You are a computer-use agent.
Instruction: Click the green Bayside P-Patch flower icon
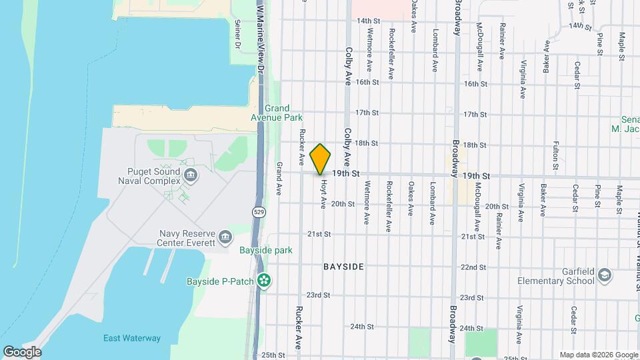click(x=265, y=281)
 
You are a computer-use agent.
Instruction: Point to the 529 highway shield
click(x=258, y=212)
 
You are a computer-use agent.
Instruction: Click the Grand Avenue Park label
click(x=283, y=113)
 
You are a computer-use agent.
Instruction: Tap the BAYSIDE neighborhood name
click(x=343, y=267)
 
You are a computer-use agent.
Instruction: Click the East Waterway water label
click(x=132, y=338)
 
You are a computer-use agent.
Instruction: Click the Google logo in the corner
click(x=22, y=352)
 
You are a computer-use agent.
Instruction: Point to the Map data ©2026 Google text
click(x=599, y=355)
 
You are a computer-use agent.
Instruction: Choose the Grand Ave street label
click(x=279, y=177)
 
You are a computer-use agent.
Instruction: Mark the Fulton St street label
click(x=555, y=152)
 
